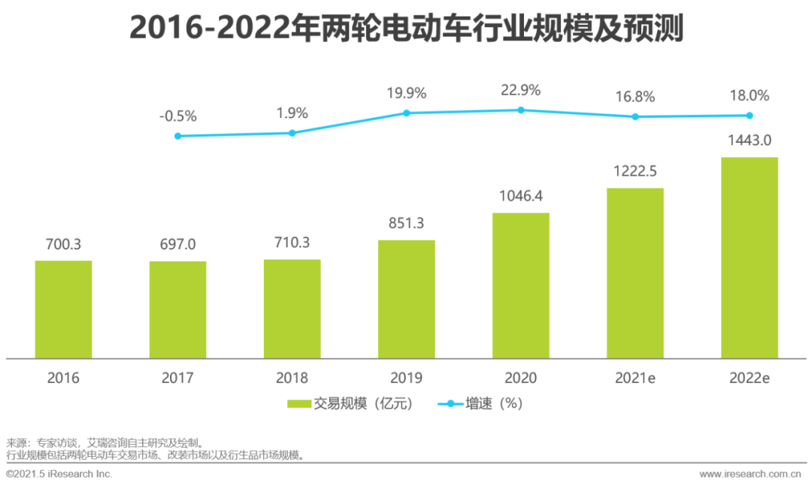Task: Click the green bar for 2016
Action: pyautogui.click(x=63, y=309)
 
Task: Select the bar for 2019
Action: pyautogui.click(x=406, y=299)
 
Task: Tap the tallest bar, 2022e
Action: pyautogui.click(x=749, y=258)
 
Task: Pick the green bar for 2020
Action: pyautogui.click(x=520, y=285)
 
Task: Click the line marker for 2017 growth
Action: pyautogui.click(x=177, y=136)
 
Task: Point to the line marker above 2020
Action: pyautogui.click(x=520, y=110)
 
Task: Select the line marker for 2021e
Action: pyautogui.click(x=635, y=116)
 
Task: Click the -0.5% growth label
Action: pyautogui.click(x=177, y=116)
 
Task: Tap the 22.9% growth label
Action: pyautogui.click(x=520, y=90)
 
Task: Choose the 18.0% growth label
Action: pyautogui.click(x=749, y=96)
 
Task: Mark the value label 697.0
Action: pyautogui.click(x=177, y=244)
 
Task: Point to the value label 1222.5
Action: pyautogui.click(x=635, y=171)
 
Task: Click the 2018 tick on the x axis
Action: pyautogui.click(x=292, y=378)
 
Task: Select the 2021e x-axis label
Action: pyautogui.click(x=635, y=378)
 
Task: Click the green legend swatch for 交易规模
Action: pyautogui.click(x=298, y=404)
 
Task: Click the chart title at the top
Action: pyautogui.click(x=406, y=29)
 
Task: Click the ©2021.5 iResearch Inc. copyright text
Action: pyautogui.click(x=59, y=474)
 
